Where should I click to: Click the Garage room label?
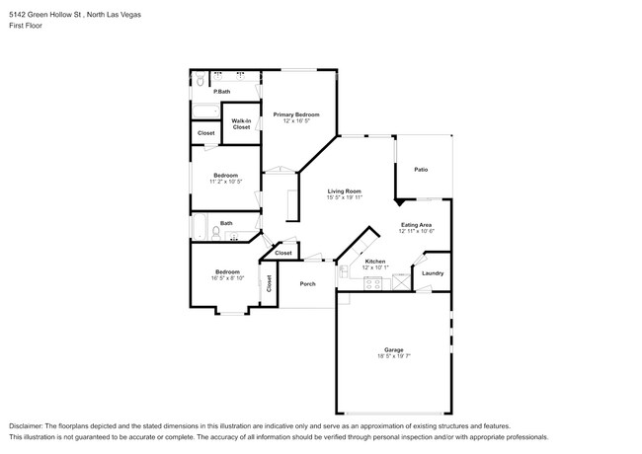393,349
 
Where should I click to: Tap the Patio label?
421,170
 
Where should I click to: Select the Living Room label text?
345,190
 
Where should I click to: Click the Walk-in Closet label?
241,124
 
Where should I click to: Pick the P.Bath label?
222,92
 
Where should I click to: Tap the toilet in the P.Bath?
198,79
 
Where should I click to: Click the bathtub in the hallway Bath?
198,227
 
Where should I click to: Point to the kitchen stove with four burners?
373,282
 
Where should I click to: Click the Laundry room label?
433,273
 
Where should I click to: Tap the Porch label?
307,284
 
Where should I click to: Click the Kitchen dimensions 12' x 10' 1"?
375,267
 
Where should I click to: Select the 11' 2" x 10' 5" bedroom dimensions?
225,182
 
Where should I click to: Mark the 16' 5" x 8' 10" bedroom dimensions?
228,277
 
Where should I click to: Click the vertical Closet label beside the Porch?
269,282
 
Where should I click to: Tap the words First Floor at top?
27,28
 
